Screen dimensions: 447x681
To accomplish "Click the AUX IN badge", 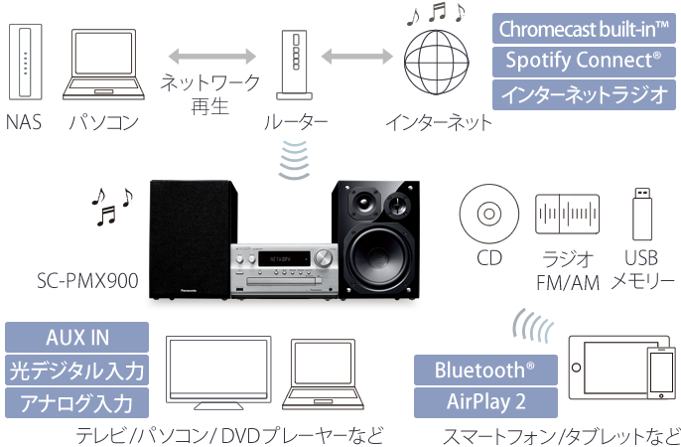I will click(77, 337).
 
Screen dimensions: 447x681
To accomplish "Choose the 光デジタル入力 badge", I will click(77, 372).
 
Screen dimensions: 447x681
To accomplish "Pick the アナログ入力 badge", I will click(77, 403).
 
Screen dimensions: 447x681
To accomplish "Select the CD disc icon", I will click(487, 213).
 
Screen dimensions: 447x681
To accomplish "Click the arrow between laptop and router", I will click(210, 52).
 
